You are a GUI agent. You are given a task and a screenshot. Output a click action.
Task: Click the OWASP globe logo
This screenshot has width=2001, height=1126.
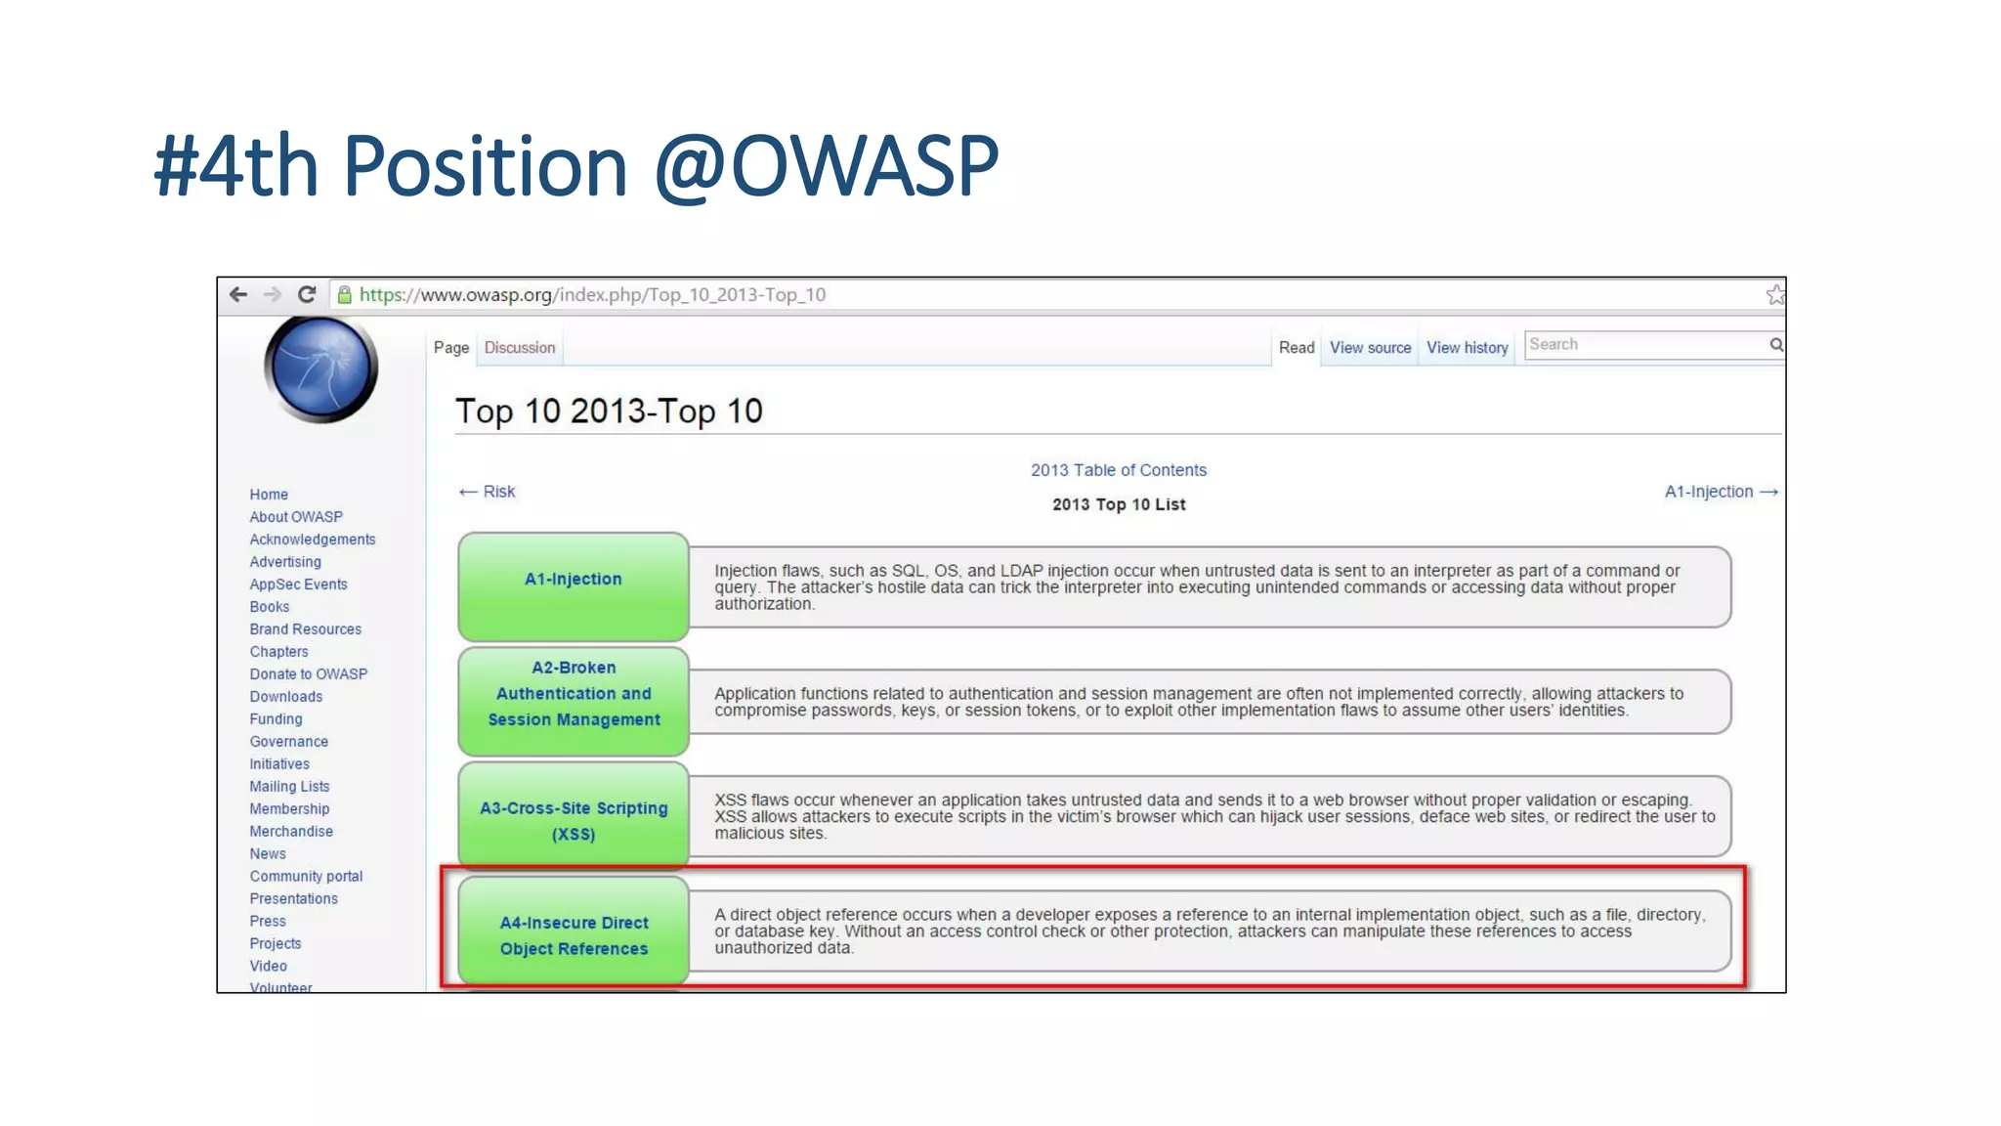(320, 369)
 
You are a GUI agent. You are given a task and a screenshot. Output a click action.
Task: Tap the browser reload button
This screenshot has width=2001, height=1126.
(307, 294)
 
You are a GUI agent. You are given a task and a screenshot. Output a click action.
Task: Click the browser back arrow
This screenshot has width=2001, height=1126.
(238, 294)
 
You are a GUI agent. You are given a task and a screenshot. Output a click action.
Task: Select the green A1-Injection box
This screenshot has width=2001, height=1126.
(574, 585)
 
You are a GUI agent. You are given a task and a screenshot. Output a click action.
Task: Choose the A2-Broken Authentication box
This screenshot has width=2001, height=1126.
(574, 699)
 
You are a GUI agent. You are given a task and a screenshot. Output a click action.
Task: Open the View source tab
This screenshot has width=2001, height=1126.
(1370, 348)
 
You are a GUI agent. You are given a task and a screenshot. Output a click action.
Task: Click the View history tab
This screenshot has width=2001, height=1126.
(1467, 348)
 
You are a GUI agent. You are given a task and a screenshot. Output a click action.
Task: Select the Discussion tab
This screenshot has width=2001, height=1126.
(520, 348)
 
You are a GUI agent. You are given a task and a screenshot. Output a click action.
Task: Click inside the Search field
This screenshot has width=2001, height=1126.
(1645, 344)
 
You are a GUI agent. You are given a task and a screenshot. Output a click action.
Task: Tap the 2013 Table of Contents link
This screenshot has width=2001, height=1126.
(1119, 470)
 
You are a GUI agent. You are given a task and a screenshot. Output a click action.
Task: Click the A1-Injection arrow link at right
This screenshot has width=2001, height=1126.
(1721, 492)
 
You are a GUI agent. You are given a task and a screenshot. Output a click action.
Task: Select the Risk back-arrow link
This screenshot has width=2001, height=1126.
(488, 492)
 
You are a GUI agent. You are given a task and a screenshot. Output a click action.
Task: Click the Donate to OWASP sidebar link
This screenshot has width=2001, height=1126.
(309, 674)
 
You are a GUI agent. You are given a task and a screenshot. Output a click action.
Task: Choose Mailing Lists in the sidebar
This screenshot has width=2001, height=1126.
(289, 787)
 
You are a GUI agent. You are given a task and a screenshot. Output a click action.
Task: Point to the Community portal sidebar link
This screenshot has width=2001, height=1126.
(306, 877)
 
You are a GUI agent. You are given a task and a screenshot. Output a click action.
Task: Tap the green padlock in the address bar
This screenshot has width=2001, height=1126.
(344, 294)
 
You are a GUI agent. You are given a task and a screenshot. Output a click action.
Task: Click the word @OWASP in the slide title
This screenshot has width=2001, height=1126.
(827, 166)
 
